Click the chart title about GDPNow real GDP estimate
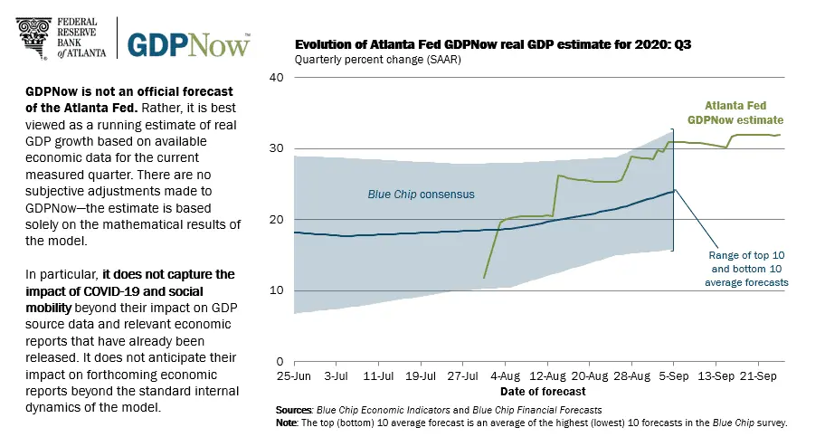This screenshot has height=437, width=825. pos(476,43)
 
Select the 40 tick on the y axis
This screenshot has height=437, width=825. pos(278,78)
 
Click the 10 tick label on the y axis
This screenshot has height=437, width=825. pos(278,290)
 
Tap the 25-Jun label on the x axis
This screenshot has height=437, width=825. pos(294,375)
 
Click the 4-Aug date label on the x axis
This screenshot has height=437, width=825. pos(506,375)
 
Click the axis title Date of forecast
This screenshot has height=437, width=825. pos(543,392)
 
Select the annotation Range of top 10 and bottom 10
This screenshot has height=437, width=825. pos(747,269)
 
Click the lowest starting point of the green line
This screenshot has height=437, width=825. pos(485,278)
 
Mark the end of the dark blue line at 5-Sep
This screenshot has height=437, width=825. pos(673,191)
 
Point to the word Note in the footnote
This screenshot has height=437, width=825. pos(288,423)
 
